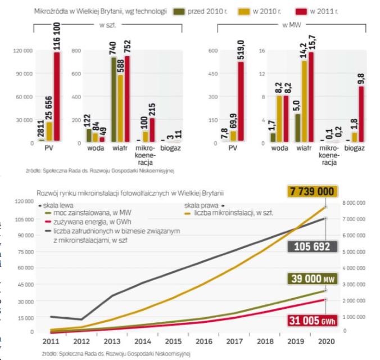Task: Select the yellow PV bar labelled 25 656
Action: tap(48, 132)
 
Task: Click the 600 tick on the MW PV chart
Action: tap(214, 51)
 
